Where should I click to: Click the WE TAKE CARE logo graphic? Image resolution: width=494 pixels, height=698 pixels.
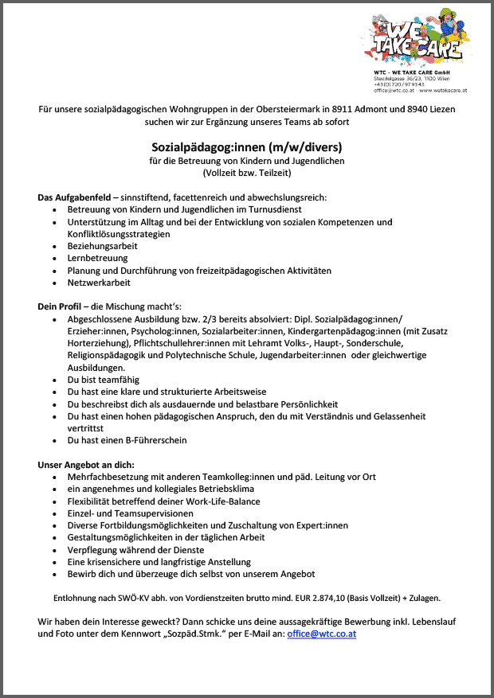point(418,40)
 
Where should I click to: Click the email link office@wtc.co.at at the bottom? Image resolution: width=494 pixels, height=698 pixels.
point(321,634)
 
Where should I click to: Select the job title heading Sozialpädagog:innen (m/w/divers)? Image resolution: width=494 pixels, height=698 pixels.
point(246,147)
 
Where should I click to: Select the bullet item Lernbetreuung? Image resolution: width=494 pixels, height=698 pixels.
point(98,259)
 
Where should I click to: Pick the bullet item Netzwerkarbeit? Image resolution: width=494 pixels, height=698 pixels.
point(100,283)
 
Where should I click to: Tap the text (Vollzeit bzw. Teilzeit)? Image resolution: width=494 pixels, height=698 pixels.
point(246,172)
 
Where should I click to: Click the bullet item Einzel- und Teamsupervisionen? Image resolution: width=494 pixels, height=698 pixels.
point(130,513)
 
